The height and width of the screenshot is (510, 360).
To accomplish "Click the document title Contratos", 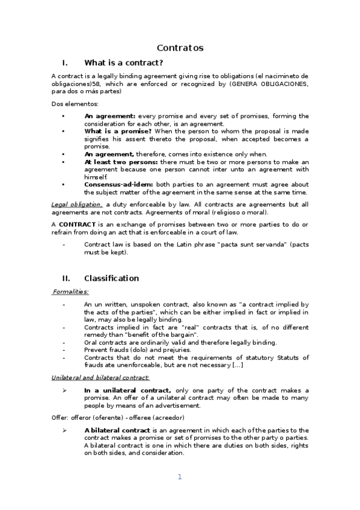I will [x=180, y=48].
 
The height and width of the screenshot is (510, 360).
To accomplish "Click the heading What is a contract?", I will [x=124, y=63].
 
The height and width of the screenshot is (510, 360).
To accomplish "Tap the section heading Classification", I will [x=111, y=278].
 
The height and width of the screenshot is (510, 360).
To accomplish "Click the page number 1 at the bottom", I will [x=179, y=477].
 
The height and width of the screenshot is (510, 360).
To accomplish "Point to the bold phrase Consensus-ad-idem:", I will [x=118, y=184].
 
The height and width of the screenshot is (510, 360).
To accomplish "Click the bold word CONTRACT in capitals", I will [x=78, y=224].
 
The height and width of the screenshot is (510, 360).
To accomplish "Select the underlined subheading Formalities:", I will [x=70, y=292].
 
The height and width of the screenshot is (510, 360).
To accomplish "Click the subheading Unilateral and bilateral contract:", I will [x=100, y=377].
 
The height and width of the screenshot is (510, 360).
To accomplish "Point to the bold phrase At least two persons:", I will [x=121, y=162].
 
